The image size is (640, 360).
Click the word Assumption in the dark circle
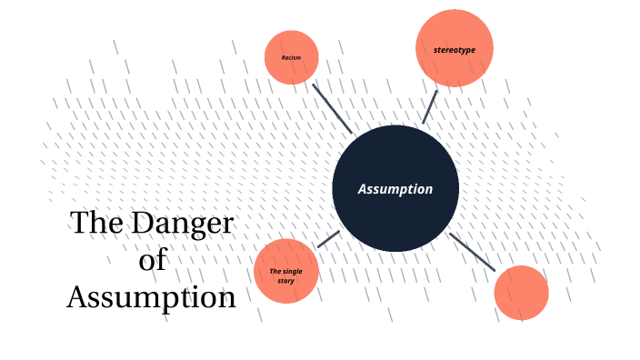click(395, 189)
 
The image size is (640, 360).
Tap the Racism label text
click(291, 57)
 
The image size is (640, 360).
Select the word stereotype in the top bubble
click(455, 48)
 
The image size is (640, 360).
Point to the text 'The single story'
click(285, 275)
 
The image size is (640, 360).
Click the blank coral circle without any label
click(521, 293)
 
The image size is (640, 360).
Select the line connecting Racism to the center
click(332, 108)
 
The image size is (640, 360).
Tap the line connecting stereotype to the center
click(430, 105)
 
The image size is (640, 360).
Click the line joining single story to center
click(328, 239)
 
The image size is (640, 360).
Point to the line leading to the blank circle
click(472, 252)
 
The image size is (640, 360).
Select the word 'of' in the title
click(153, 260)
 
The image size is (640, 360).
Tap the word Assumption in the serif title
click(151, 297)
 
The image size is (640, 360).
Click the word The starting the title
click(98, 224)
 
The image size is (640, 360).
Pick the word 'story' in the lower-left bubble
click(285, 281)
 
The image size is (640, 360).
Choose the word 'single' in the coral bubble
click(293, 272)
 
